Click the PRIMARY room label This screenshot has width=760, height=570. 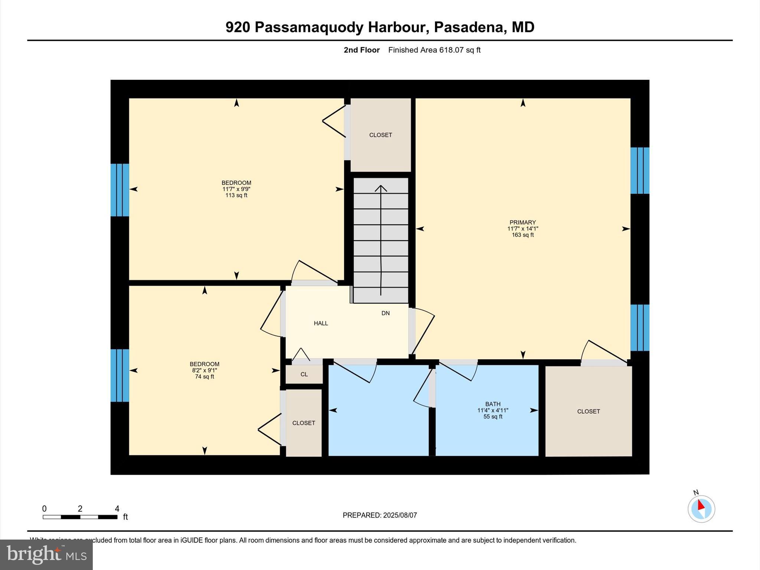coord(522,222)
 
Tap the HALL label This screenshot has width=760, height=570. coord(321,323)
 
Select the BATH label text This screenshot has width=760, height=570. coord(492,404)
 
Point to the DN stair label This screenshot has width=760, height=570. coord(386,313)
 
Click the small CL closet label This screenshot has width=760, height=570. coord(304,374)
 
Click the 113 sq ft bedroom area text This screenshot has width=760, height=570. coord(236,195)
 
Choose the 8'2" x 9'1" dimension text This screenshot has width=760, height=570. coord(204,370)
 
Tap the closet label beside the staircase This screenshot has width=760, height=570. coord(380,135)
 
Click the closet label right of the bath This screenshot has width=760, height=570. coord(588,411)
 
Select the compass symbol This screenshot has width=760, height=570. coord(701,509)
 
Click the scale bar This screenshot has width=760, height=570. coord(80,517)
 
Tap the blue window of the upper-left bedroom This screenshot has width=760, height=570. coord(120,190)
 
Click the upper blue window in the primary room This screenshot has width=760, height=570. coord(640,171)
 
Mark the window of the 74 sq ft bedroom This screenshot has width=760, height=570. coord(120,375)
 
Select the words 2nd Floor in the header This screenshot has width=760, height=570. coord(361,50)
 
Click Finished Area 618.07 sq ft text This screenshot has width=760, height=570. coord(434,50)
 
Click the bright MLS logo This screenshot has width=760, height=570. coord(46,554)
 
